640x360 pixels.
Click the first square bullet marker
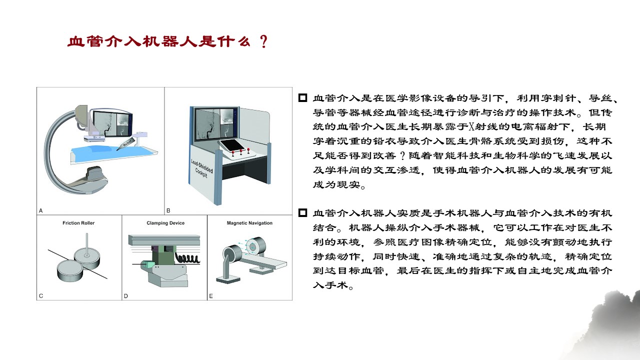click(x=302, y=98)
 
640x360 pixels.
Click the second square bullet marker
click(x=302, y=213)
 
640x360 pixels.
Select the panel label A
click(x=41, y=210)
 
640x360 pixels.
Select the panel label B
click(x=168, y=210)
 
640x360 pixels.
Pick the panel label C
click(x=41, y=295)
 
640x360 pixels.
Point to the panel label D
click(x=126, y=295)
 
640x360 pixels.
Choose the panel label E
click(x=211, y=295)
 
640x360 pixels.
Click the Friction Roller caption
click(x=78, y=223)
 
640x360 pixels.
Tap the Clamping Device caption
click(x=165, y=223)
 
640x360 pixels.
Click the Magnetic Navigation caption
click(x=249, y=223)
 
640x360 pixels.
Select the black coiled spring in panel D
click(x=186, y=258)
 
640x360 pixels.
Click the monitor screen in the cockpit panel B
click(x=214, y=124)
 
